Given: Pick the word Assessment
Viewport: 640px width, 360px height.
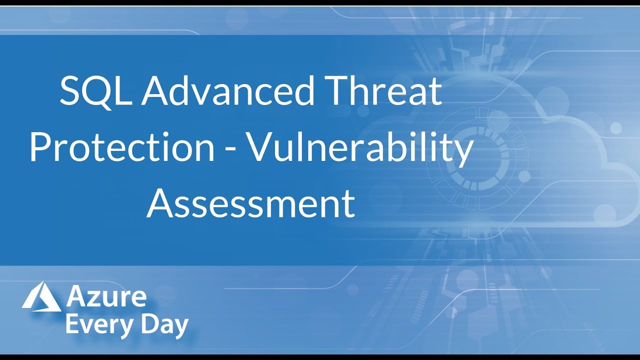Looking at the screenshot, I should point(250,203).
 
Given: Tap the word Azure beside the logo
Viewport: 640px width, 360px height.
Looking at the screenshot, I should point(106,297).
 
